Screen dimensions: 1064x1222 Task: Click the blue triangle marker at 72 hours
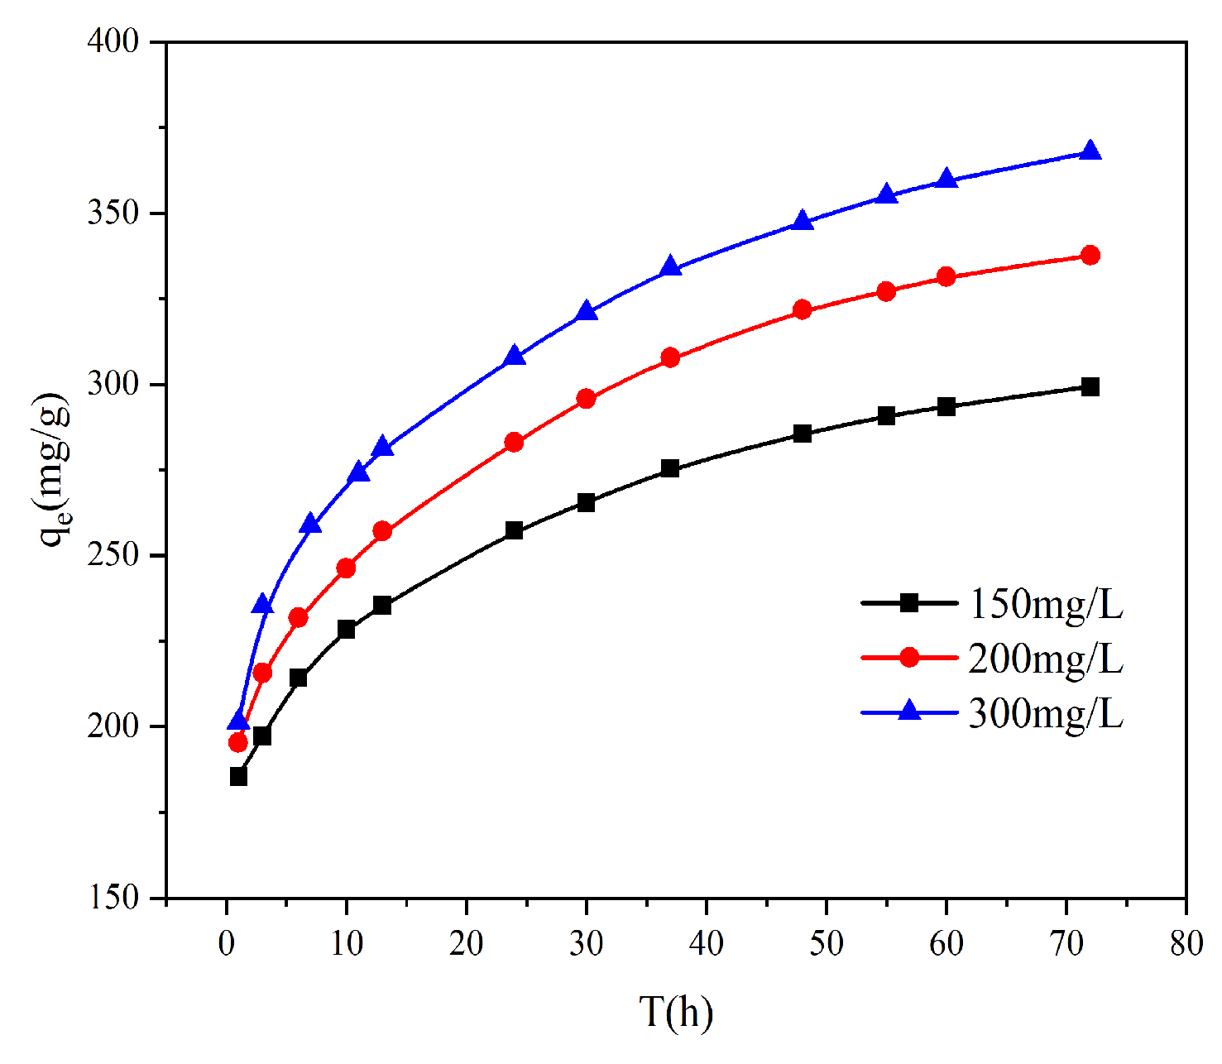(1090, 151)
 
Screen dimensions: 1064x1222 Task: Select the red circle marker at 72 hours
(1090, 255)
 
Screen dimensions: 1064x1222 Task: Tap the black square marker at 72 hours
(1090, 386)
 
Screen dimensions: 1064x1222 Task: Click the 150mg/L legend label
(1045, 605)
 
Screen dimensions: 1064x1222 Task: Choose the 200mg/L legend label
(1045, 659)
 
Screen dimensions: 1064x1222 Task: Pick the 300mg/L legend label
(1045, 712)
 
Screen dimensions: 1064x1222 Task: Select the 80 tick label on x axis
(1186, 943)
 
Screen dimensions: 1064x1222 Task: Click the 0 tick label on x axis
(226, 943)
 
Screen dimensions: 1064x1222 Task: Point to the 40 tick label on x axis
(706, 943)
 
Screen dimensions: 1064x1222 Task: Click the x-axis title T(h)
(676, 1012)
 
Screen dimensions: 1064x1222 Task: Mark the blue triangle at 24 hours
(514, 356)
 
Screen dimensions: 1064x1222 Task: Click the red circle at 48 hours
(802, 310)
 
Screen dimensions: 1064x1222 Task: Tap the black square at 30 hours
(586, 502)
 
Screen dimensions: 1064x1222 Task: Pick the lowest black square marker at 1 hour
(238, 776)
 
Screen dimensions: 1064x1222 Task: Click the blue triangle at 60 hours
(946, 180)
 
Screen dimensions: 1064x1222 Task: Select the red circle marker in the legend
(908, 657)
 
